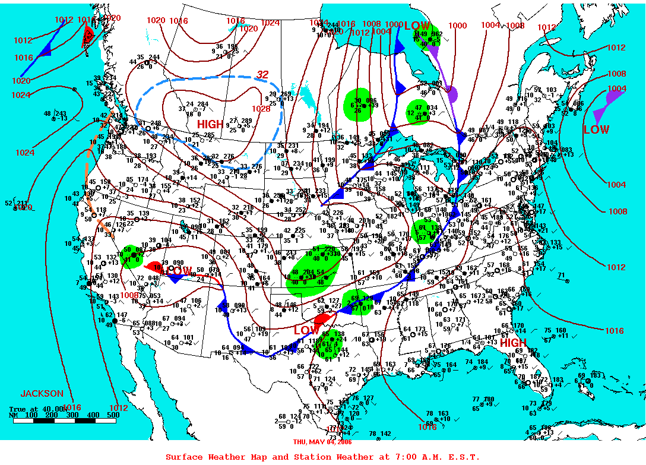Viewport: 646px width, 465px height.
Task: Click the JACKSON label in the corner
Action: point(42,393)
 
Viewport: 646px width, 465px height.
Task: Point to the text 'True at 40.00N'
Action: point(37,409)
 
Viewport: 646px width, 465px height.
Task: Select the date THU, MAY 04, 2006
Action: point(322,441)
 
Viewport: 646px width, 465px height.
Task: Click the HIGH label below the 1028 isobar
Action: point(210,124)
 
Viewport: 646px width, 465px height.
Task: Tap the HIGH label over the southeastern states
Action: point(512,343)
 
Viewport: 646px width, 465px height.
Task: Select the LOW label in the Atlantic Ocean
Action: point(596,129)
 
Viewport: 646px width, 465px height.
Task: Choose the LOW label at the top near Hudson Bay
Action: point(417,26)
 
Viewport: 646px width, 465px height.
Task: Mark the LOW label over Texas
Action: point(306,330)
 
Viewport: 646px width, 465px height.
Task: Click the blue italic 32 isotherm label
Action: point(262,75)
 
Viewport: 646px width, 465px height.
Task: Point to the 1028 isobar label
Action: point(261,109)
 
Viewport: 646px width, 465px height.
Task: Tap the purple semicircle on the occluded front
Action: point(452,93)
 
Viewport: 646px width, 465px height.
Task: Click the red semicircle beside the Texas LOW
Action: point(322,318)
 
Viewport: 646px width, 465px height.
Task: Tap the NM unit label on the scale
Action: point(14,415)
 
